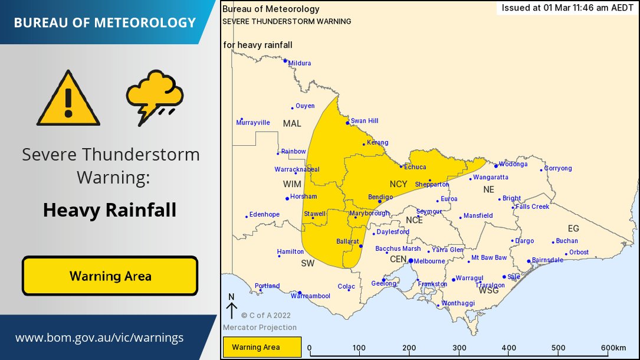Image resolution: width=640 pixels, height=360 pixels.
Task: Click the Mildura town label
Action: pyautogui.click(x=300, y=63)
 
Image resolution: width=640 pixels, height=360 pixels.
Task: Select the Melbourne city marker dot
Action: pyautogui.click(x=411, y=261)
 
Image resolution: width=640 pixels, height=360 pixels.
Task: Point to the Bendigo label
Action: pyautogui.click(x=380, y=197)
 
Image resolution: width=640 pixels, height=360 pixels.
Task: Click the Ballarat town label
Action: pyautogui.click(x=347, y=241)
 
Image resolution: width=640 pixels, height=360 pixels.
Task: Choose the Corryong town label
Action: pyautogui.click(x=557, y=168)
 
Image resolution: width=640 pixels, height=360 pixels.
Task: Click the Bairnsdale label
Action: pyautogui.click(x=547, y=260)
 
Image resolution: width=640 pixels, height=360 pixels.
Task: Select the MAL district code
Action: pyautogui.click(x=292, y=123)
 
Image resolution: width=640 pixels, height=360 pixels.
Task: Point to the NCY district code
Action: pyautogui.click(x=399, y=184)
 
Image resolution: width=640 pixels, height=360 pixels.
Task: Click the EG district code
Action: pyautogui.click(x=573, y=228)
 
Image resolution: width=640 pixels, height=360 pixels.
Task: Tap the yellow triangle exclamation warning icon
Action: pyautogui.click(x=68, y=99)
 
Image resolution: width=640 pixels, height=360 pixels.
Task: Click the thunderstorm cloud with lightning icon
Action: pyautogui.click(x=155, y=97)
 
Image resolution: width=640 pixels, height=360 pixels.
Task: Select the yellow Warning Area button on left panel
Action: pyautogui.click(x=110, y=276)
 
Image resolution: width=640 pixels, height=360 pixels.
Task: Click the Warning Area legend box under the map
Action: pyautogui.click(x=262, y=347)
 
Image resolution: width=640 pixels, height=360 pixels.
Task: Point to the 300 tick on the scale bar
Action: pyautogui.click(x=459, y=348)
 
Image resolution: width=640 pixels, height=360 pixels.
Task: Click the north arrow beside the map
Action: pyautogui.click(x=232, y=309)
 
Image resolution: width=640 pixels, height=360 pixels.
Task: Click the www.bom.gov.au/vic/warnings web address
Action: pyautogui.click(x=99, y=338)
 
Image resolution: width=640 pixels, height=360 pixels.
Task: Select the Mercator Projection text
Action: pyautogui.click(x=260, y=328)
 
